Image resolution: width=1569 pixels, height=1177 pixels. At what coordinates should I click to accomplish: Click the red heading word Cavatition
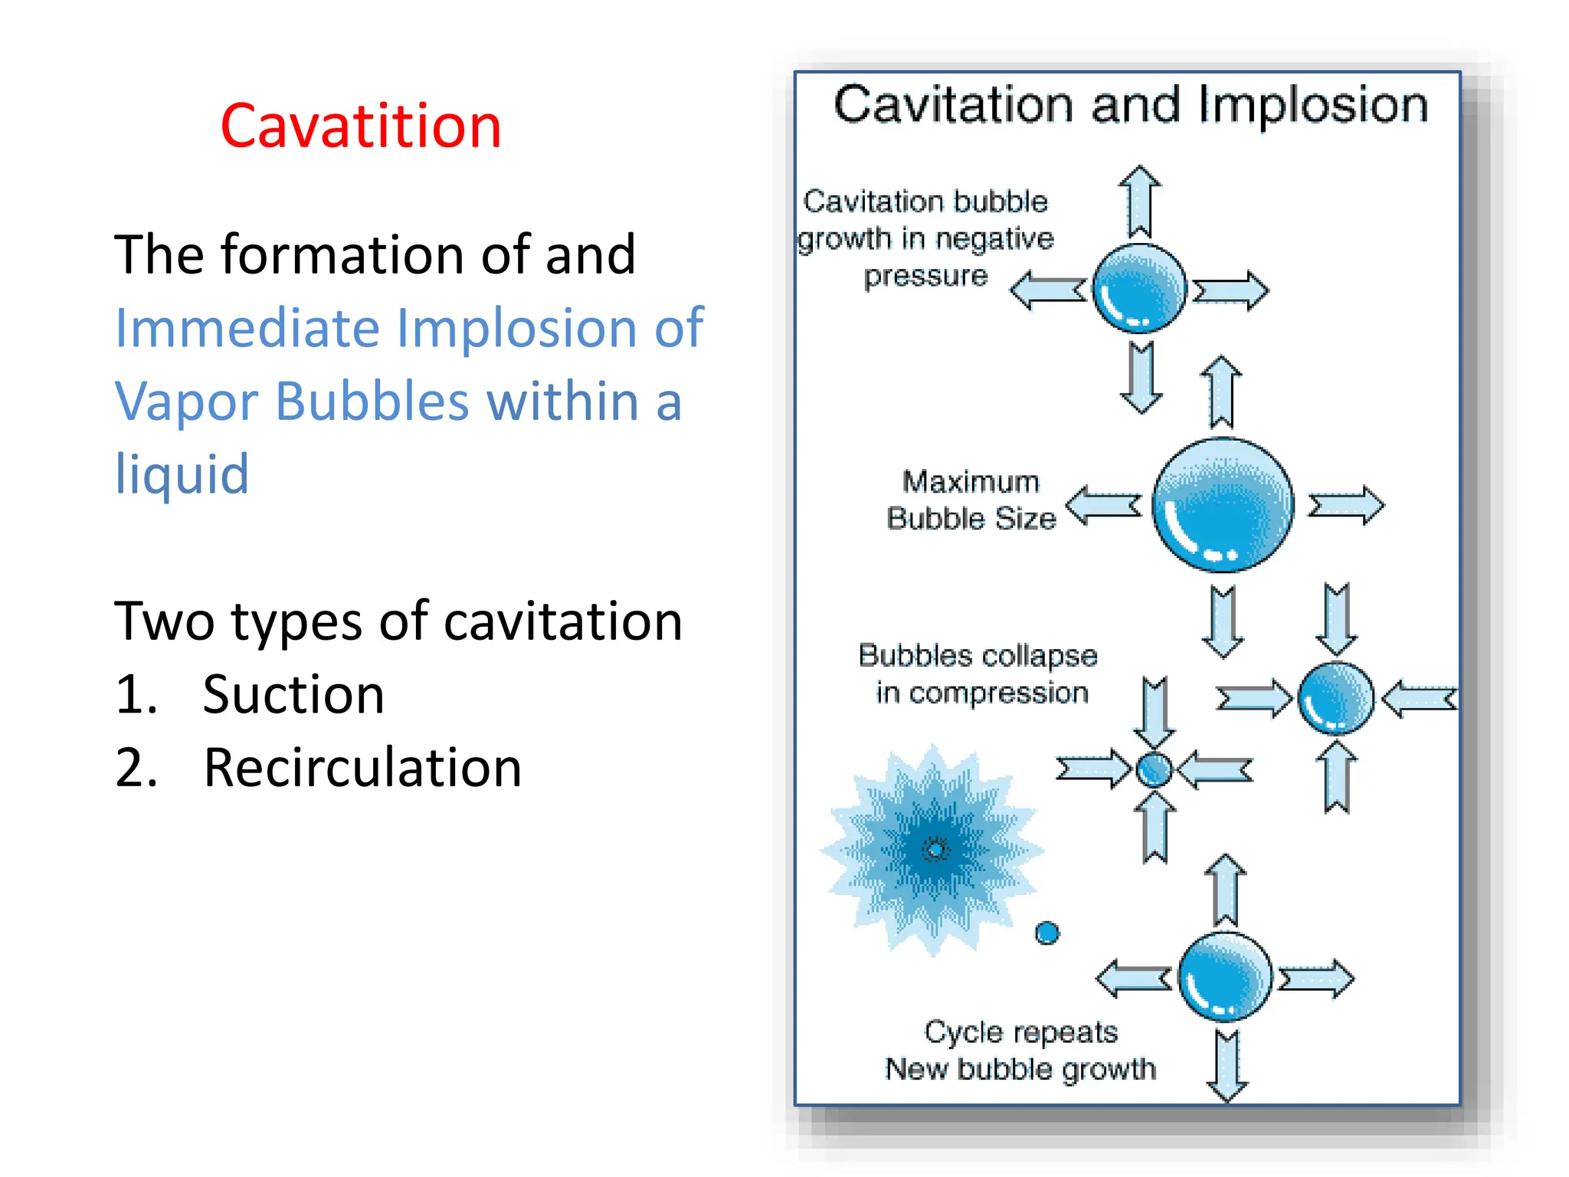click(360, 126)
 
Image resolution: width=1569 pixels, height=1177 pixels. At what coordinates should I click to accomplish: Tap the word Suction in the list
click(293, 694)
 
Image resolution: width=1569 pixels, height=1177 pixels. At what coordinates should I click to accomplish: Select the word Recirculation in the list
click(362, 768)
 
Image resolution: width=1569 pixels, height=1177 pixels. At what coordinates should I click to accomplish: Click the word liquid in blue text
click(182, 474)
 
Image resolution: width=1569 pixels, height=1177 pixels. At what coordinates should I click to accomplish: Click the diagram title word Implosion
click(1313, 105)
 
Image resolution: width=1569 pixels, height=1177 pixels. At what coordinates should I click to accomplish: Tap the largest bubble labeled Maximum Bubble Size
click(1223, 505)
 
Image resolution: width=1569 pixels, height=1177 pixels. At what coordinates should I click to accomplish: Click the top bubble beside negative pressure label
click(1139, 289)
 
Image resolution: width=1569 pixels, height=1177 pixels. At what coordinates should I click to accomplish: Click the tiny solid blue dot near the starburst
click(1047, 933)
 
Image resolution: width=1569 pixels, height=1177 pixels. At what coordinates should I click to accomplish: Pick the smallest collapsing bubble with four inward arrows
click(1154, 769)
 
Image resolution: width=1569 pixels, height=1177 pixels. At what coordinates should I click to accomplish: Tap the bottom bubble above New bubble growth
click(1225, 977)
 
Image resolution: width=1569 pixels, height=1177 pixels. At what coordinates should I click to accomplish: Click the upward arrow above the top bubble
click(1139, 202)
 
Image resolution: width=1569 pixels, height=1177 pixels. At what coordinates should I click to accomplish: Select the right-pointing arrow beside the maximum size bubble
click(1346, 506)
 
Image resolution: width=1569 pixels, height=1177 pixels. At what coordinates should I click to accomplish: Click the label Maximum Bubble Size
click(971, 500)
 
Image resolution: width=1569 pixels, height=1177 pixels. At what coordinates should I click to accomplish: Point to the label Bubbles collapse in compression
click(978, 674)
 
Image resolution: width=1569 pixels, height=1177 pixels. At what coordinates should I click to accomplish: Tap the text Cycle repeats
click(1020, 1032)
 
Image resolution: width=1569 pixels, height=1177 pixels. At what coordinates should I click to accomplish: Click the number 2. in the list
click(136, 768)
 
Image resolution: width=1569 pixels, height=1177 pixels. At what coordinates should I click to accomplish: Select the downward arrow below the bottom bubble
click(1227, 1065)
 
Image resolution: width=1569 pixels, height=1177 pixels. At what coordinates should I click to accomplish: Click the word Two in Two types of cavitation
click(164, 621)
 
